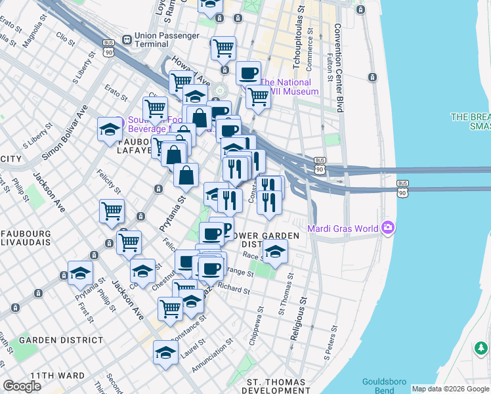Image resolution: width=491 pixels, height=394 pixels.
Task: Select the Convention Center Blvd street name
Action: pyautogui.click(x=339, y=67)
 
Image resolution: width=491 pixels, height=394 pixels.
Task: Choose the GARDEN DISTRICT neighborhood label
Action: pyautogui.click(x=61, y=340)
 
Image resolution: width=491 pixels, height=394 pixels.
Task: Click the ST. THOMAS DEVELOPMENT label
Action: pyautogui.click(x=276, y=386)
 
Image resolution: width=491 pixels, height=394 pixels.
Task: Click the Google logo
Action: pyautogui.click(x=22, y=386)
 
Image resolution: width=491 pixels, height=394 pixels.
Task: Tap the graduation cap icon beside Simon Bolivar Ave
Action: pyautogui.click(x=110, y=129)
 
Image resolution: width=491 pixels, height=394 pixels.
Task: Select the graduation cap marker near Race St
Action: pyautogui.click(x=275, y=251)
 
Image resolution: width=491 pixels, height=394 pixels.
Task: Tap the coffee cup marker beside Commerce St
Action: pyautogui.click(x=248, y=72)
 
